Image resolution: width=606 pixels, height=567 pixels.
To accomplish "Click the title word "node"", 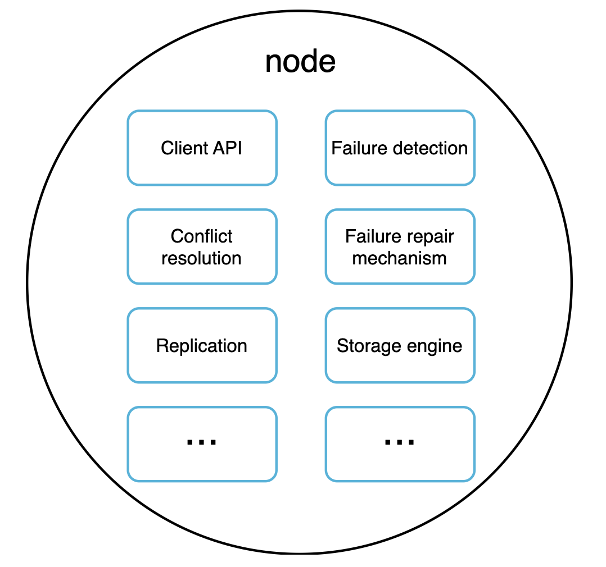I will (x=300, y=62).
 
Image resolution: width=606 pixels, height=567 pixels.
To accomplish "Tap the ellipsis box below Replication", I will (x=202, y=444).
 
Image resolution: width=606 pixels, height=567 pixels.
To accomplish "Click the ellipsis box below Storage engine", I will (x=400, y=444).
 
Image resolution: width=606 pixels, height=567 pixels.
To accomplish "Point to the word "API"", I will (x=228, y=148).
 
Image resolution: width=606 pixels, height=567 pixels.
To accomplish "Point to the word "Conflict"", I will (x=202, y=236).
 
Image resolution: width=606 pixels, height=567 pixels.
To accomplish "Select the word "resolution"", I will (x=202, y=258).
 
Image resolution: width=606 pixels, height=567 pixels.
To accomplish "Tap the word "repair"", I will (x=432, y=236).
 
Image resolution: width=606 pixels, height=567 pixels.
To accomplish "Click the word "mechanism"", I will (x=400, y=258).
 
